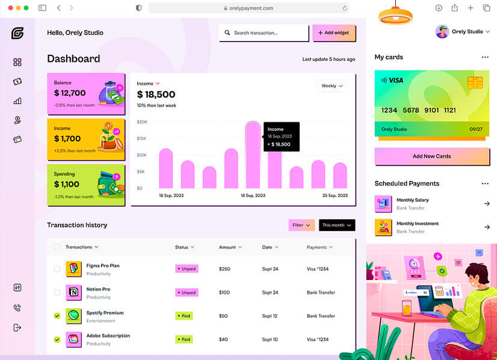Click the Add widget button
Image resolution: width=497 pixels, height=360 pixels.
334,33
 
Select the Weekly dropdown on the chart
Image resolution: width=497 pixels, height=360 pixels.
332,86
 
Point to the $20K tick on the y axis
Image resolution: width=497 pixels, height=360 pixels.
142,122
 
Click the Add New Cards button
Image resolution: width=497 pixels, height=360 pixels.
431,157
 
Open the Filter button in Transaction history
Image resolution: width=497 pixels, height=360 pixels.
301,225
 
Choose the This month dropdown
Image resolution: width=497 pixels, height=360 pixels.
336,225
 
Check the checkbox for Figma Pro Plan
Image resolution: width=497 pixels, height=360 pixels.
57,269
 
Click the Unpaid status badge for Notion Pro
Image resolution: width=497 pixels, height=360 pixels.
187,293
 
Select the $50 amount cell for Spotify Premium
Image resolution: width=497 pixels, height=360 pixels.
223,316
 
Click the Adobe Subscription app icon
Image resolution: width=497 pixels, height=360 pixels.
73,339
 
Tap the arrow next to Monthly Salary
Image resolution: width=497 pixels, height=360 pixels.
487,204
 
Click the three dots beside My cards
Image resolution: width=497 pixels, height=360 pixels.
485,57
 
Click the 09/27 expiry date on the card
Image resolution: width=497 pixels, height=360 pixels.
476,129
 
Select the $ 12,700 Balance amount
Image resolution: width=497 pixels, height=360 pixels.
70,93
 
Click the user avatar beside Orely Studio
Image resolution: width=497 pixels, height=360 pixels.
442,32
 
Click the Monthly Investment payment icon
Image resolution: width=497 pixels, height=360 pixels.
383,227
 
